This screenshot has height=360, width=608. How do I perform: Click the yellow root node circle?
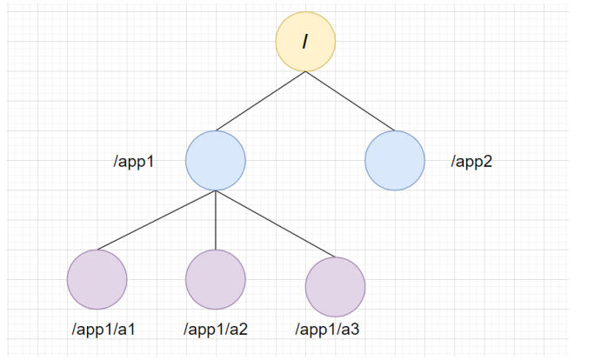point(305,41)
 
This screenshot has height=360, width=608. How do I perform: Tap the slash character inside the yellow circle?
point(305,41)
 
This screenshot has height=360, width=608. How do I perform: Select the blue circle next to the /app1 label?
point(216,161)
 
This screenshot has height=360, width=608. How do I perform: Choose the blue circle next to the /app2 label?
point(395,161)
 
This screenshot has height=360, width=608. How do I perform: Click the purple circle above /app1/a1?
point(97,279)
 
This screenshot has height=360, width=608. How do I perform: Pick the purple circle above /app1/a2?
point(216,279)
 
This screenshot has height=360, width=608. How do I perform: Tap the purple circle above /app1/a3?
point(335,286)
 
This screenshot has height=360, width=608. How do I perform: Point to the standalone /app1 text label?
point(134,162)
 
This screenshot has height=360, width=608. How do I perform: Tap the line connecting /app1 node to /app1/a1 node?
point(157,221)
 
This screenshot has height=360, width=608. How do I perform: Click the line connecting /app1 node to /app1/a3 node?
point(276,223)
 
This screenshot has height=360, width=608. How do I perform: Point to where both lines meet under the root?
point(305,71)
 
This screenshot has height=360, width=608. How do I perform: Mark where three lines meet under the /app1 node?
point(216,191)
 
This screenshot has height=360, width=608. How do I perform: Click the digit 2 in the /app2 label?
point(488,162)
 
